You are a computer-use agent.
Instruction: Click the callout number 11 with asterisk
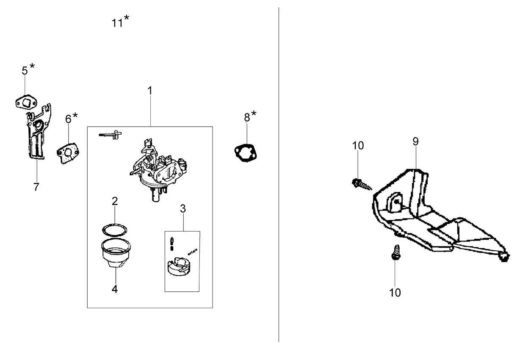click(x=120, y=21)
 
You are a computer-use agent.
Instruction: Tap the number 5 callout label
click(x=25, y=70)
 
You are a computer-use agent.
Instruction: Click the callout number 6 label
click(x=68, y=119)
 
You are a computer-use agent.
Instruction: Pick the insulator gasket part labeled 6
click(x=68, y=153)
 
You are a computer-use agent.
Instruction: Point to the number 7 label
click(x=36, y=187)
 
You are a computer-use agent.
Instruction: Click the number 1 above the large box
click(x=150, y=91)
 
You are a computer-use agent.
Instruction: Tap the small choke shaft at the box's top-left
click(x=110, y=135)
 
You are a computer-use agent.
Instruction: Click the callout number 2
click(x=115, y=201)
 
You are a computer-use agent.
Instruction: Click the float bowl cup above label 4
click(x=116, y=253)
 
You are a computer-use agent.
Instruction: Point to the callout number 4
click(x=115, y=289)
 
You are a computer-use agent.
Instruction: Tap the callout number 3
click(x=183, y=208)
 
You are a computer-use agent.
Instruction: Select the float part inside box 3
click(x=179, y=266)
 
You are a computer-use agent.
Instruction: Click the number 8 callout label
click(x=247, y=117)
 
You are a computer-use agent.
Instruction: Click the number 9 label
click(x=415, y=141)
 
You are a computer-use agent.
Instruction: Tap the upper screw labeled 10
click(x=362, y=184)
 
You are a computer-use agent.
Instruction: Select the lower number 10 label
click(x=395, y=293)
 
